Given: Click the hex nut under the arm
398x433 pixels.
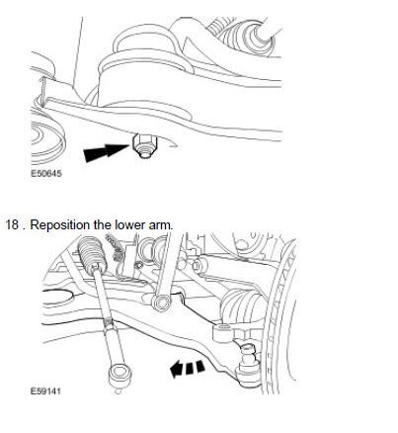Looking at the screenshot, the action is point(144,145).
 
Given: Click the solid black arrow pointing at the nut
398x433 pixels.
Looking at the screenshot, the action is point(107,152).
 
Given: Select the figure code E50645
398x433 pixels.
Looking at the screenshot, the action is point(46,173).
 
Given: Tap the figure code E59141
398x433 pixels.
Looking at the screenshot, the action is point(45,391).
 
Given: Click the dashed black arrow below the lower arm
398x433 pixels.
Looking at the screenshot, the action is point(187,368).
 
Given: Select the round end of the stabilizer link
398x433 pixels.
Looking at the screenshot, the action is point(162,302).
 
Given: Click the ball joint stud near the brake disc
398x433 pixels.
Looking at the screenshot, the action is point(248,354).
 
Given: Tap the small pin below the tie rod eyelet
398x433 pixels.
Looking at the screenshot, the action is point(119,390).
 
